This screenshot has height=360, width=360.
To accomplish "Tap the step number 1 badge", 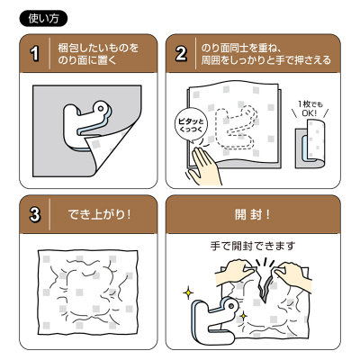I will tap(35, 54).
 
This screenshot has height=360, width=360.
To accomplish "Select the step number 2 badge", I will tap(182, 54).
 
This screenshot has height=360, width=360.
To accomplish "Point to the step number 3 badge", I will tap(35, 216).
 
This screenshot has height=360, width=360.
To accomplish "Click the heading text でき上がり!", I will tap(99, 216).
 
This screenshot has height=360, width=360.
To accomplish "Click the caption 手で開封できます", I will tap(258, 245).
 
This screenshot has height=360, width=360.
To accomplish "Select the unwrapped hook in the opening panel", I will tap(216, 323).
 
